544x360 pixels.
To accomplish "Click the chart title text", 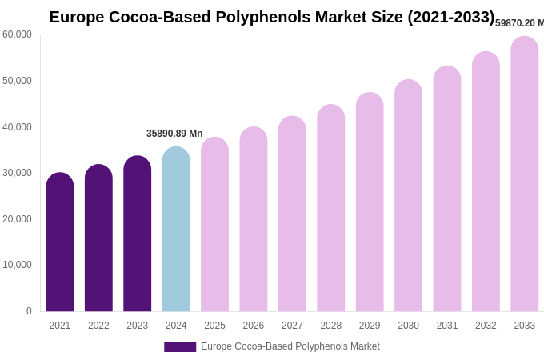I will (272, 17).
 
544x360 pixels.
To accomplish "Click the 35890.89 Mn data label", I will (174, 134).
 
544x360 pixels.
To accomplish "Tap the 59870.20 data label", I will (519, 23).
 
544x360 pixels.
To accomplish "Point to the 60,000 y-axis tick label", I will (18, 34).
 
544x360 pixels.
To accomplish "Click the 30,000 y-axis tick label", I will (18, 173).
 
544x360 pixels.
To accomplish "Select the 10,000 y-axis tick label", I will (18, 265).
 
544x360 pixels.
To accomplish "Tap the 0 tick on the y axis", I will (29, 311).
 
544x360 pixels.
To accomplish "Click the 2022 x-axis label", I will (98, 326).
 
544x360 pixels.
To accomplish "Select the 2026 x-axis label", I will (254, 326).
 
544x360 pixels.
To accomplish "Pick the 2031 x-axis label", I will (447, 326).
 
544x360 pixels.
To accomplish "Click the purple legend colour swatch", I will (180, 347).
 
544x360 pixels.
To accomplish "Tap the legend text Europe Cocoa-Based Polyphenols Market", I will (290, 346).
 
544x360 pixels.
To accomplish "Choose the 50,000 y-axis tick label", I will (18, 81).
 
